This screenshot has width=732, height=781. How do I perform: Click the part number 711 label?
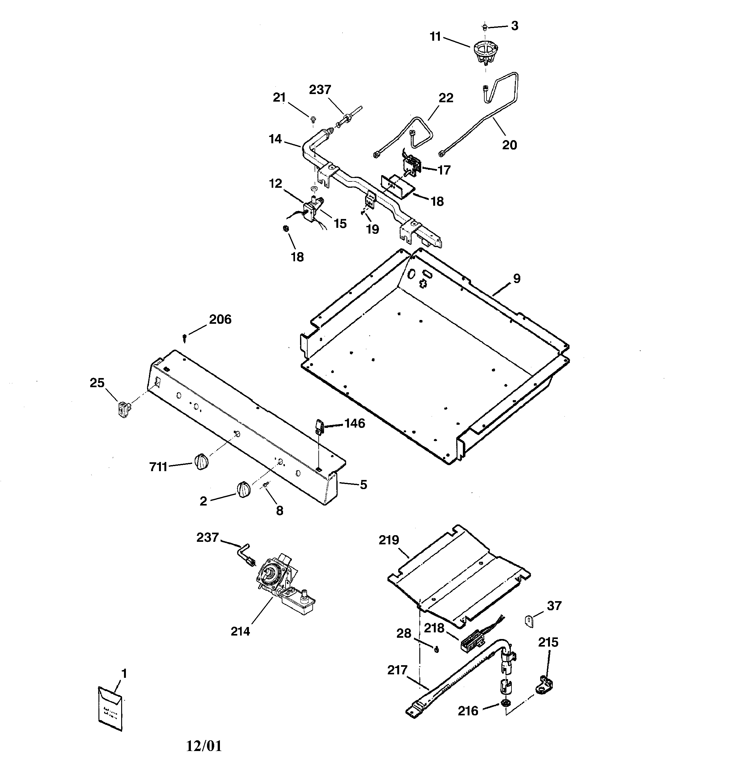[158, 467]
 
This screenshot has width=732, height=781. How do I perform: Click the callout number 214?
[240, 631]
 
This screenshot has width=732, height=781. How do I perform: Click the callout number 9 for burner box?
[517, 279]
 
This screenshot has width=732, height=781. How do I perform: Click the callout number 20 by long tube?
[509, 145]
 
